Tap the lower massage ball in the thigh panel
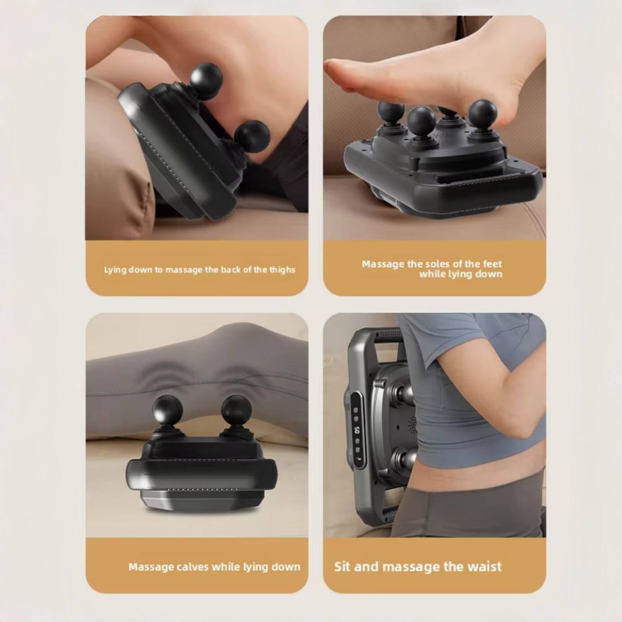pos(251,136)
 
